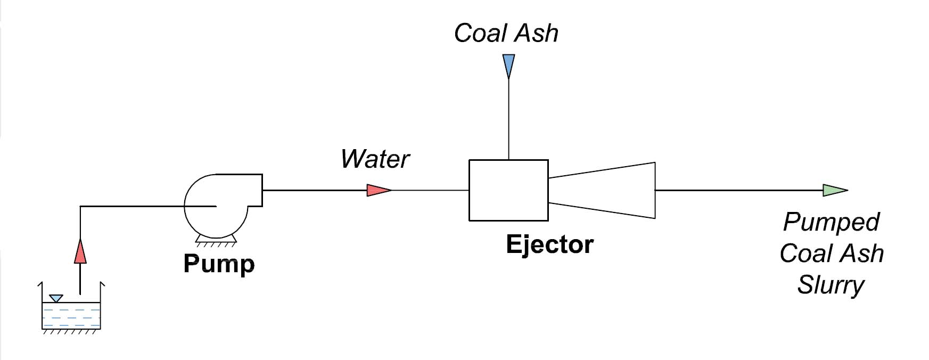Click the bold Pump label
point(219,264)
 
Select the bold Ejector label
point(549,244)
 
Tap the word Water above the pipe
point(375,159)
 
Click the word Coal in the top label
point(479,33)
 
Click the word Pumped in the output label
point(831,222)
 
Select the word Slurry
point(831,285)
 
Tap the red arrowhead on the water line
point(379,190)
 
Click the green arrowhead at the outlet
point(834,190)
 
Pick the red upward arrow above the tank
point(80,252)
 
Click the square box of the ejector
point(508,190)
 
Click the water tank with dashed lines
point(71,315)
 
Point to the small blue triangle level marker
point(56,298)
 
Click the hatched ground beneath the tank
point(71,332)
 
